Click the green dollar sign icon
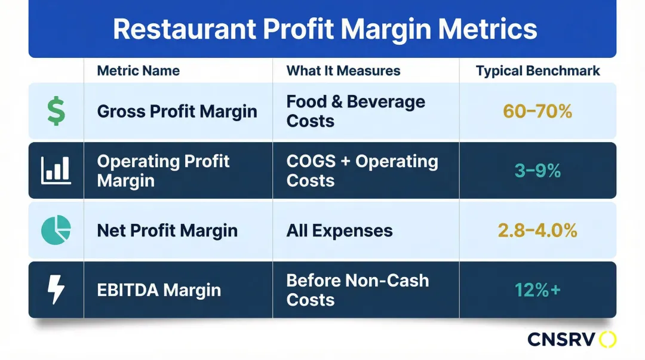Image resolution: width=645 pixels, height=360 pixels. [x=56, y=111]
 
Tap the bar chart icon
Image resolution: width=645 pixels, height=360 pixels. [x=56, y=170]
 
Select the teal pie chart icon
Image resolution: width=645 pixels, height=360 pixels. [x=56, y=230]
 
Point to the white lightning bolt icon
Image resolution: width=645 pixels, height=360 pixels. [x=56, y=290]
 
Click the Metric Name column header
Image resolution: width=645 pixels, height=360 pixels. [x=138, y=71]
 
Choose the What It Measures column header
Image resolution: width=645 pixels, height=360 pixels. [x=343, y=71]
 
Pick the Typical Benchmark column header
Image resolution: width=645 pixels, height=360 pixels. [x=537, y=71]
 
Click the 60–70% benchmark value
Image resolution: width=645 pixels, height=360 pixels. [x=537, y=111]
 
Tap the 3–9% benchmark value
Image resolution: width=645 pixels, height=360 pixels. [x=537, y=171]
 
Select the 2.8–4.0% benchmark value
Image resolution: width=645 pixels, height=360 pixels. [x=537, y=230]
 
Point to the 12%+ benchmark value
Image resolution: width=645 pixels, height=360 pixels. [x=537, y=290]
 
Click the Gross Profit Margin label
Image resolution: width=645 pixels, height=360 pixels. [x=177, y=112]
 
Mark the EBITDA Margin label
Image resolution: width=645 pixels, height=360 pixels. [x=159, y=290]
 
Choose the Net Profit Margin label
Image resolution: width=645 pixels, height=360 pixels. [x=167, y=230]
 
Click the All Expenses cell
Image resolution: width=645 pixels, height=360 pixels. [x=339, y=230]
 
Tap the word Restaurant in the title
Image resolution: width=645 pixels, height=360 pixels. [x=185, y=29]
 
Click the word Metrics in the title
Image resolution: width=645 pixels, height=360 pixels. [x=487, y=29]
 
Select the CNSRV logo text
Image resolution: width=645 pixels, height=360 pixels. [x=561, y=340]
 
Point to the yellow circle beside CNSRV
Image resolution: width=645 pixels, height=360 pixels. [x=607, y=340]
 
